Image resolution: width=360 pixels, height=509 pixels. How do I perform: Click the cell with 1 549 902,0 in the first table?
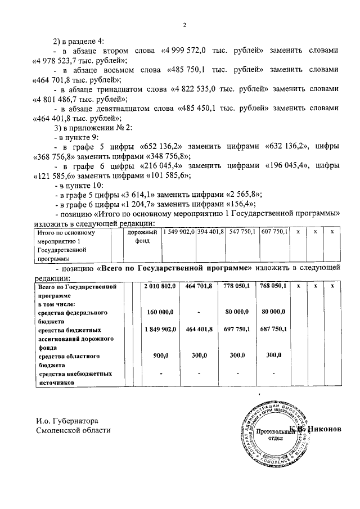click(x=179, y=232)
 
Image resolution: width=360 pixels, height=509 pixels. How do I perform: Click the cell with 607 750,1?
click(x=274, y=232)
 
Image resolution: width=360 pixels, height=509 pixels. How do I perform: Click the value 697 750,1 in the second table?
click(x=237, y=328)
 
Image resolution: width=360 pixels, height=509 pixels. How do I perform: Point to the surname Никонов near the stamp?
click(x=324, y=430)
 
